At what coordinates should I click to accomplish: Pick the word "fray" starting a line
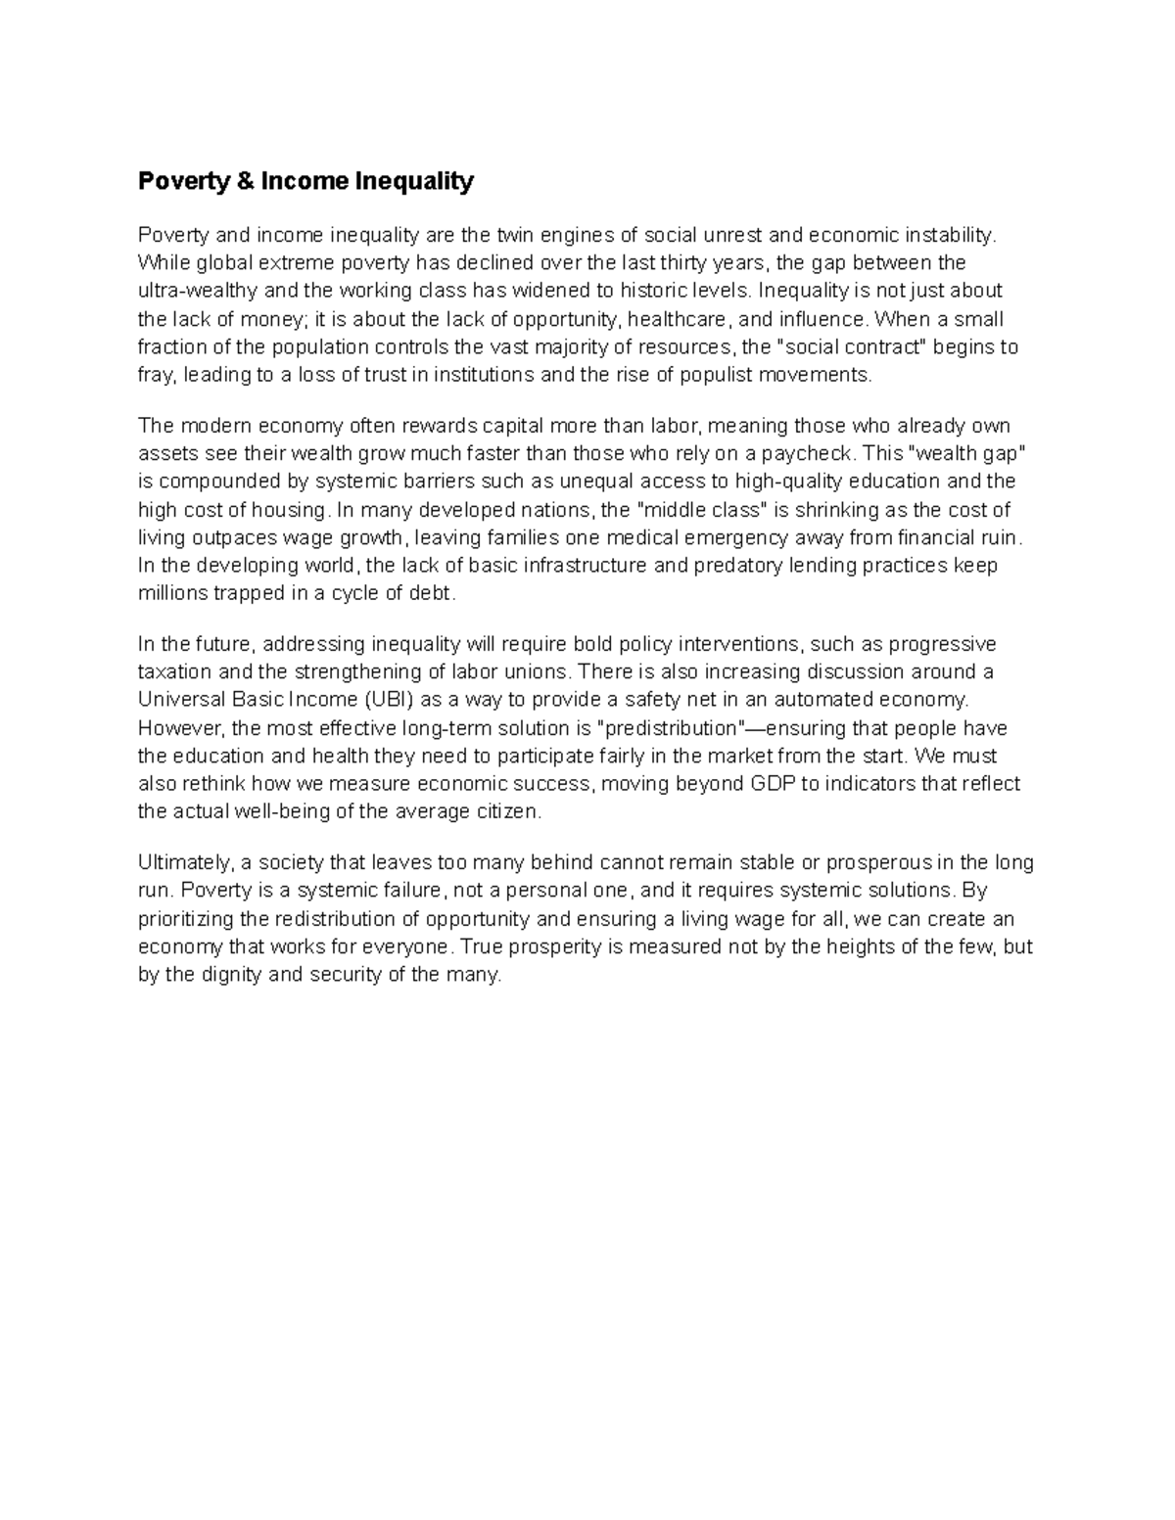pos(155,376)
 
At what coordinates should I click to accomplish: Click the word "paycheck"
pos(809,453)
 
